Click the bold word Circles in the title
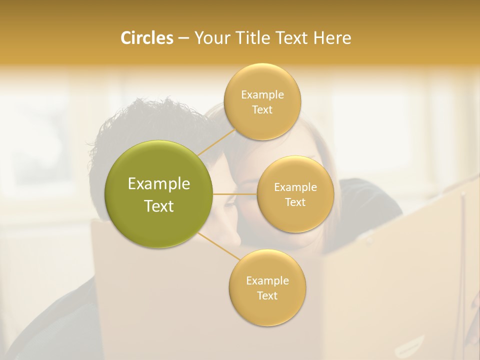(147, 38)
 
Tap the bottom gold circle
(267, 310)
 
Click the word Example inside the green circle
(159, 184)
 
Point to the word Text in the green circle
(159, 206)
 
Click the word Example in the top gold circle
(262, 95)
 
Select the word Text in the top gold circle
(262, 109)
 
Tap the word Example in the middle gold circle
(295, 187)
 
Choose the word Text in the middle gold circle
(295, 202)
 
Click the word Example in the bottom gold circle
(267, 281)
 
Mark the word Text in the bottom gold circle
(267, 295)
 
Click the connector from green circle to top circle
(216, 142)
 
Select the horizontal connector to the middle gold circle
(235, 194)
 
